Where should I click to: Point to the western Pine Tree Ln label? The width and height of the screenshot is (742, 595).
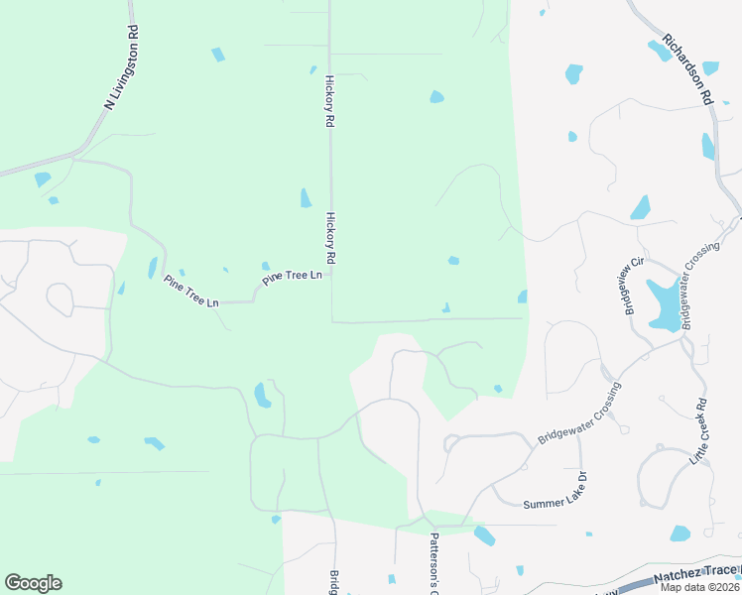pos(190,290)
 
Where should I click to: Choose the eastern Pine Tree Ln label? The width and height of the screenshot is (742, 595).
pos(293,277)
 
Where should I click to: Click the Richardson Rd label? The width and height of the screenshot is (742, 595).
pos(689,68)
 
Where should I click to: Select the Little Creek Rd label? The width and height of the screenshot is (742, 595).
pos(701,432)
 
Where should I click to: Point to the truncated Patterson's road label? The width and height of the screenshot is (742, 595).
pos(433,561)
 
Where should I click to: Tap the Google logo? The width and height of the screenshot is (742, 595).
pos(33,583)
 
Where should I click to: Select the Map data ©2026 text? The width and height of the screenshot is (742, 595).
pos(699,587)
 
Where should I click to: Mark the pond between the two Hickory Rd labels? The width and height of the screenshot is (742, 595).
pos(306,198)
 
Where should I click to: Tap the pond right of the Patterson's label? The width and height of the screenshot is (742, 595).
pos(484,535)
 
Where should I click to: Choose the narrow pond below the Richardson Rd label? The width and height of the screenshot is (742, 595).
pos(707,146)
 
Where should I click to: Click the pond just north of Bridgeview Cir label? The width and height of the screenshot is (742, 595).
pos(641,208)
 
